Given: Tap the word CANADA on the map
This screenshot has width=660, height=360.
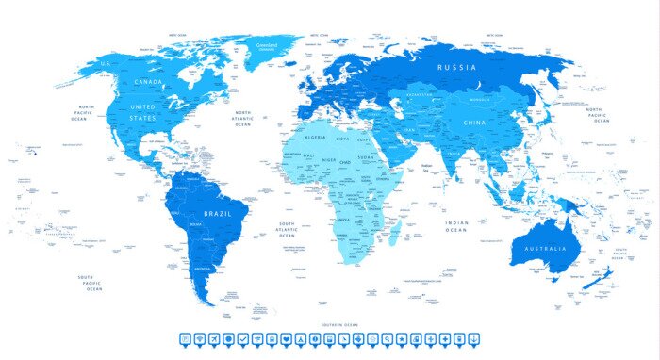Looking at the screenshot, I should click(x=149, y=83).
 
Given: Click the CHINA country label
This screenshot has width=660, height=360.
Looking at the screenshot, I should click(x=474, y=123).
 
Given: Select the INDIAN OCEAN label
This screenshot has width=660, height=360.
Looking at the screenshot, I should click(x=456, y=226).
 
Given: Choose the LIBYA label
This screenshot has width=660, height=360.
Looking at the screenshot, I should click(x=343, y=139).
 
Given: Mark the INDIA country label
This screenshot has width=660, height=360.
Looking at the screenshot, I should click(x=454, y=155).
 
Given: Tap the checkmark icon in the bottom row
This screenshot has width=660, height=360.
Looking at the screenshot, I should click(x=243, y=338).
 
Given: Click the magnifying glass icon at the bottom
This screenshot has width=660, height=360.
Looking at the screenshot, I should click(x=385, y=338).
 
